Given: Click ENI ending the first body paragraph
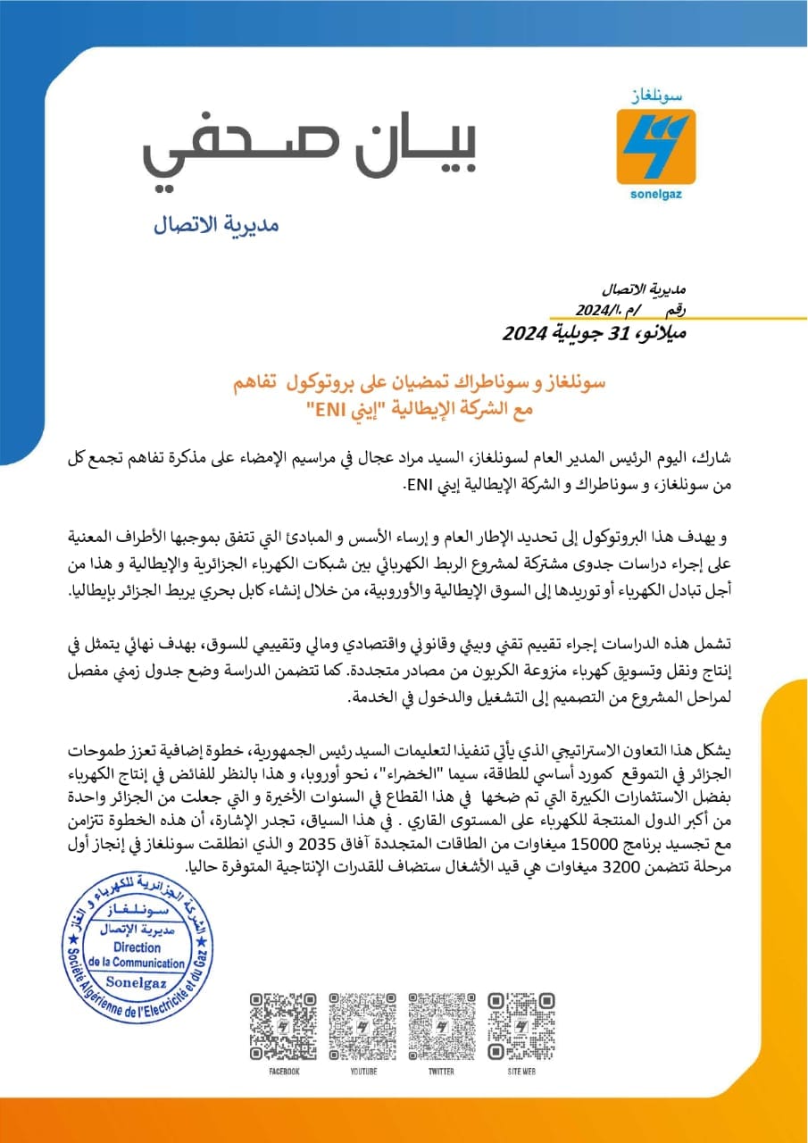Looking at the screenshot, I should (420, 487).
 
